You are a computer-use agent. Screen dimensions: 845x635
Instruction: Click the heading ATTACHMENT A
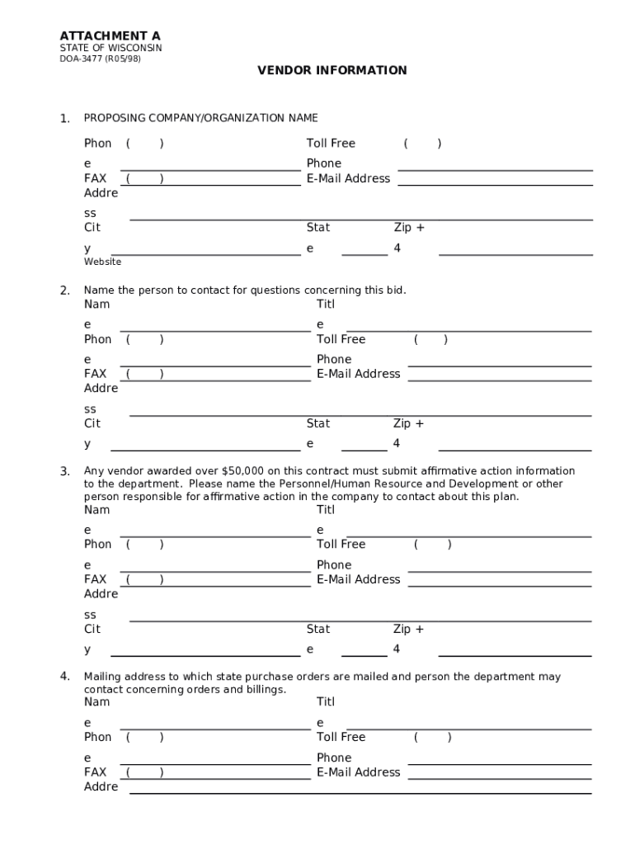click(x=110, y=36)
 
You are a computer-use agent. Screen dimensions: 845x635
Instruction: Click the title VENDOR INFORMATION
click(x=332, y=71)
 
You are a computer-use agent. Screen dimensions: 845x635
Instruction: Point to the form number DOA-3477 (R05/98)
click(x=99, y=59)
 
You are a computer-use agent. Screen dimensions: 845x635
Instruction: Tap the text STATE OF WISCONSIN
click(x=111, y=49)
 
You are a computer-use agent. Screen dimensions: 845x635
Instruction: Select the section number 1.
click(x=64, y=119)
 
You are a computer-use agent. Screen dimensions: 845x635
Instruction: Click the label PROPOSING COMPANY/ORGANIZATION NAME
click(x=200, y=118)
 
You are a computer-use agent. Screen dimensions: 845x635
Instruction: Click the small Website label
click(x=102, y=262)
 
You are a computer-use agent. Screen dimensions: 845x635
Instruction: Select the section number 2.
click(x=64, y=290)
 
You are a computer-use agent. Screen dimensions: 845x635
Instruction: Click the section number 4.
click(x=64, y=677)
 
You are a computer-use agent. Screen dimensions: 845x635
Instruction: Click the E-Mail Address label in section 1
click(x=348, y=178)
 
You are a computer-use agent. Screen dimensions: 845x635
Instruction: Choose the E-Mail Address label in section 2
click(x=358, y=374)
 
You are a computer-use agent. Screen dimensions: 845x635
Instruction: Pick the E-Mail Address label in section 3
click(x=358, y=579)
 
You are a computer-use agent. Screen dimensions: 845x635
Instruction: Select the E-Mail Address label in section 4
click(x=358, y=772)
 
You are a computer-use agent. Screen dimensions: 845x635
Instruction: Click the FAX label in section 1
click(x=95, y=178)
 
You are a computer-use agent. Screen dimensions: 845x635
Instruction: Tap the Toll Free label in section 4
click(x=341, y=737)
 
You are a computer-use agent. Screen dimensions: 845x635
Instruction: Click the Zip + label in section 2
click(x=408, y=423)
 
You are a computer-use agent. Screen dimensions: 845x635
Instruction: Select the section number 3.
click(x=64, y=471)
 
